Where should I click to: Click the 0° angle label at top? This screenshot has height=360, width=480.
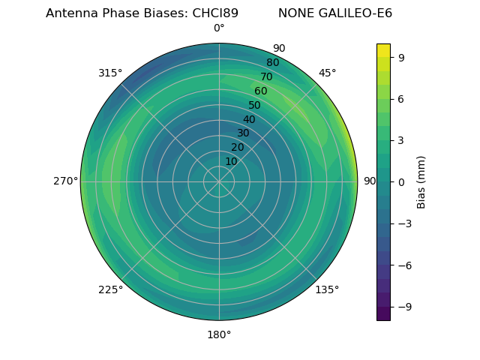click(219, 28)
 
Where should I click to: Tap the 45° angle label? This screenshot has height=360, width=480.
click(327, 73)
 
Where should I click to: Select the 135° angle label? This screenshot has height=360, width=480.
click(327, 289)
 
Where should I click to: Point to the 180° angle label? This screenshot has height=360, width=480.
click(219, 334)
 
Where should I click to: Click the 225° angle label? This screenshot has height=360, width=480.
click(110, 289)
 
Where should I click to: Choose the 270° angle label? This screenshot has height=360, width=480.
click(65, 181)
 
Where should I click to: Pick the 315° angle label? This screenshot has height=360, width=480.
click(110, 73)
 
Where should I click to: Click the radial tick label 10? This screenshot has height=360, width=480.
click(231, 161)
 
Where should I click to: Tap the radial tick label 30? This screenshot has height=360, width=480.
click(243, 133)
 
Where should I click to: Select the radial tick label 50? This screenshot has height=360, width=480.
click(255, 106)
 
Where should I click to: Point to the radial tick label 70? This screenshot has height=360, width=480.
click(266, 76)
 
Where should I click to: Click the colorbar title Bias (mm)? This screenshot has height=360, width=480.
click(421, 181)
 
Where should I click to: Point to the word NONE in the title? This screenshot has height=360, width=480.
click(294, 13)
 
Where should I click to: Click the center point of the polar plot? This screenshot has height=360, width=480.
click(219, 181)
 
